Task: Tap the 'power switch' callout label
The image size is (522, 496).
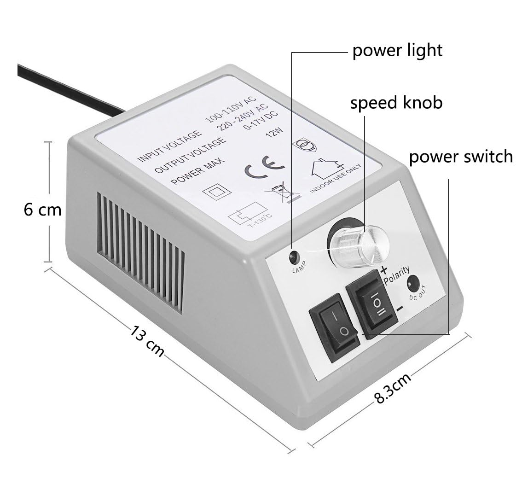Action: tap(461, 157)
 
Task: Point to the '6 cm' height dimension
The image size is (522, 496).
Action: tap(42, 210)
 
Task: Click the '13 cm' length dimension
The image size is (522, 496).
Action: tap(147, 341)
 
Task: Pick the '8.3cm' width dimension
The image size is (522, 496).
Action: tap(393, 388)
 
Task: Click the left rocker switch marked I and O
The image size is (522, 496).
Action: tap(335, 327)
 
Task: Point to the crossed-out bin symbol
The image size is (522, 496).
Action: tap(283, 192)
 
